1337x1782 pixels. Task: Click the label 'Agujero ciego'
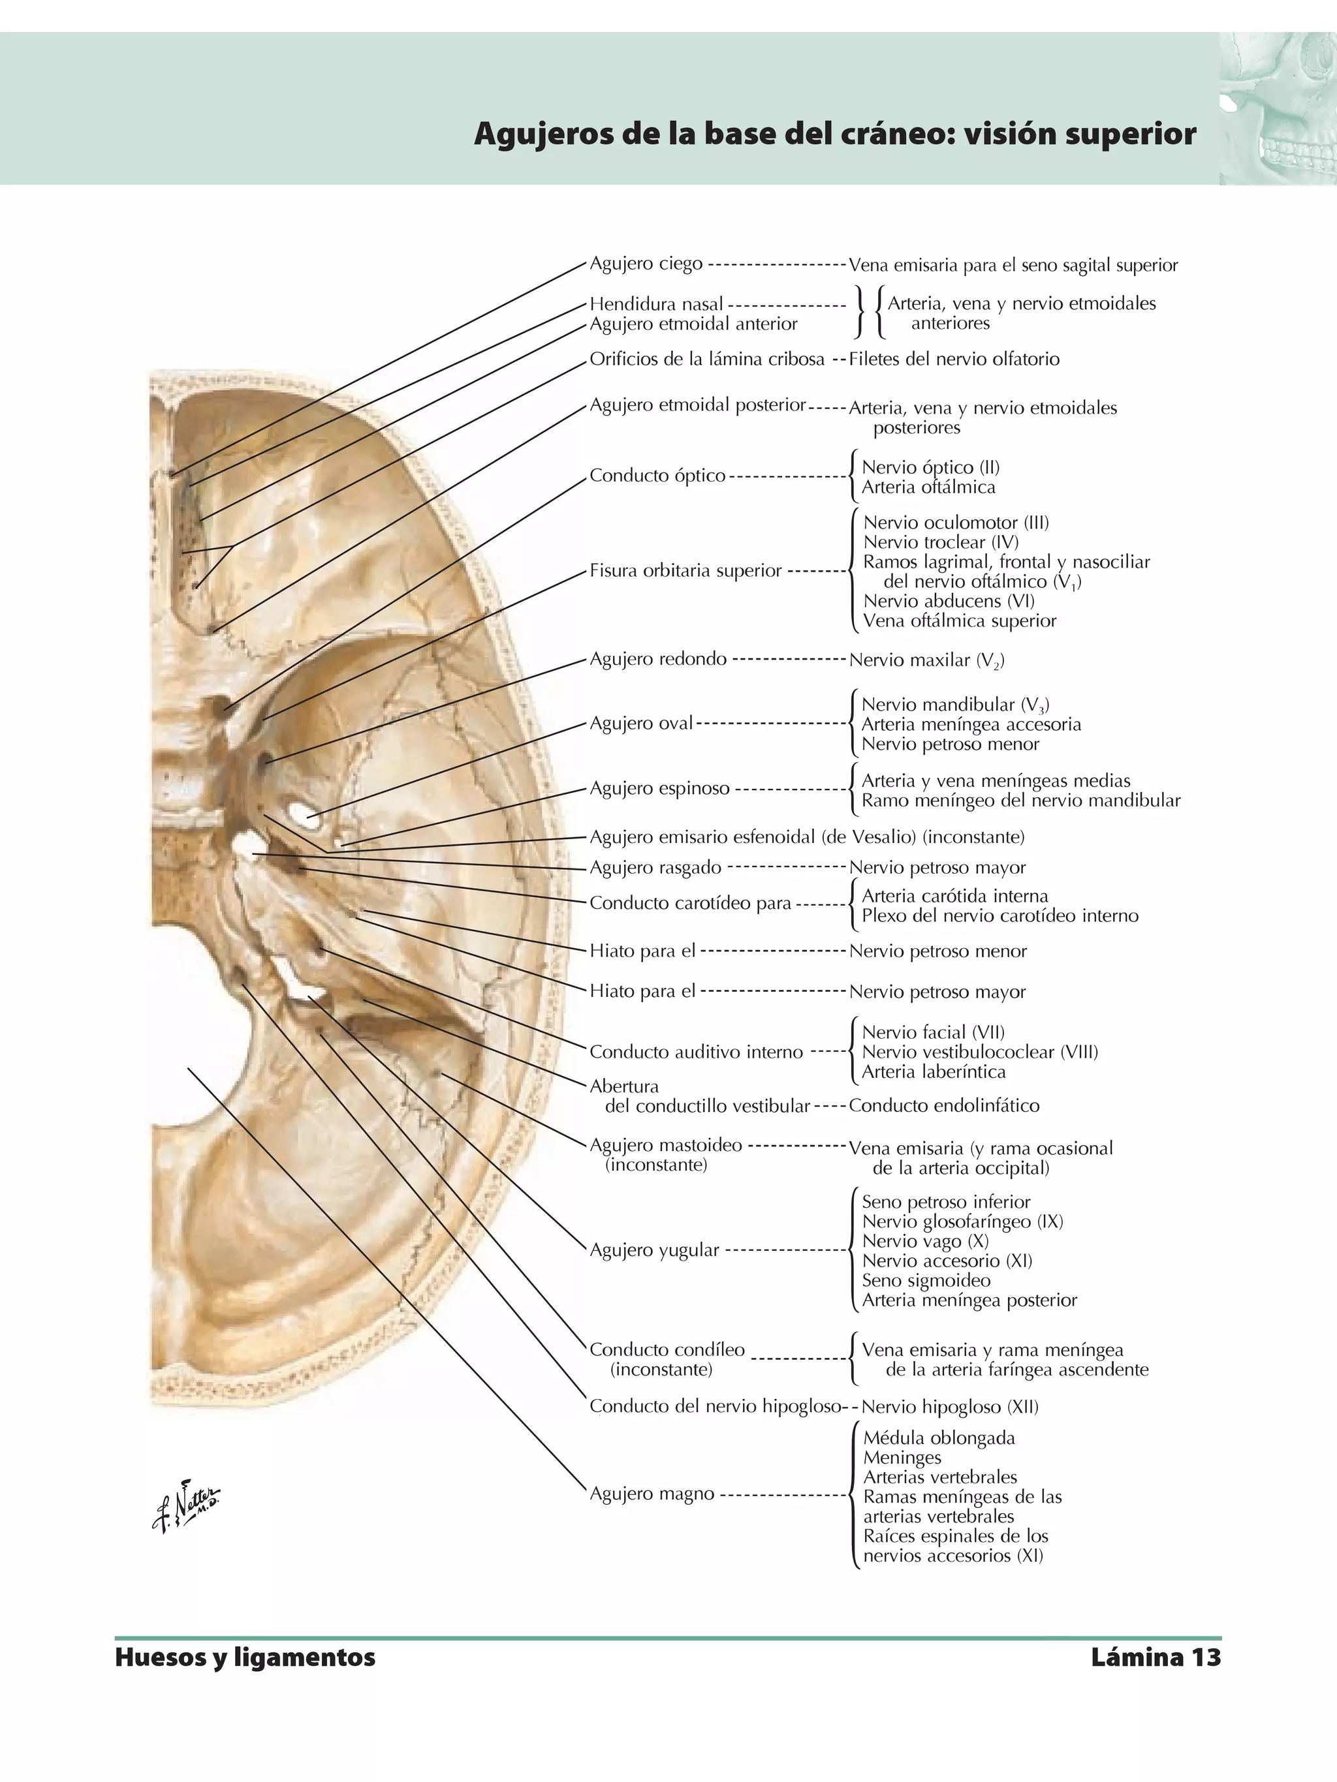coord(646,264)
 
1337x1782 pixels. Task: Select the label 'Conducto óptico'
coord(657,475)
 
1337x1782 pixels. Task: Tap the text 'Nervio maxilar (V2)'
coord(926,660)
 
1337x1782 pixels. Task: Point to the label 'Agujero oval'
coord(640,724)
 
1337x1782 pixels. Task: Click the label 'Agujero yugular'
coord(653,1250)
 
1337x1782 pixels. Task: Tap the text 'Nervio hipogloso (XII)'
coord(949,1407)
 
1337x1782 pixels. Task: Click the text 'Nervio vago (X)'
coord(924,1242)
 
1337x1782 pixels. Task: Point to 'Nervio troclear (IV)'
coord(941,542)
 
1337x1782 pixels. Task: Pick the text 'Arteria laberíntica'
coord(934,1071)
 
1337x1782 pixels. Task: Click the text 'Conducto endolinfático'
coord(944,1105)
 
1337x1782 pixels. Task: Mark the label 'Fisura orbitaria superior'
coord(685,570)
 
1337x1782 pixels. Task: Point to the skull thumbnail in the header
coord(1278,109)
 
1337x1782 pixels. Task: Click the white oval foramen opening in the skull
coord(306,814)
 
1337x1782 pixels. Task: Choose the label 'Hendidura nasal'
coord(656,303)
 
